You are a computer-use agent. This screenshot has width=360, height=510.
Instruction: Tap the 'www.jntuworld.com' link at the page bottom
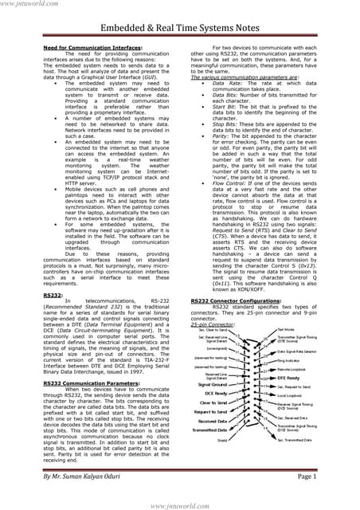[x=179, y=502]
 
